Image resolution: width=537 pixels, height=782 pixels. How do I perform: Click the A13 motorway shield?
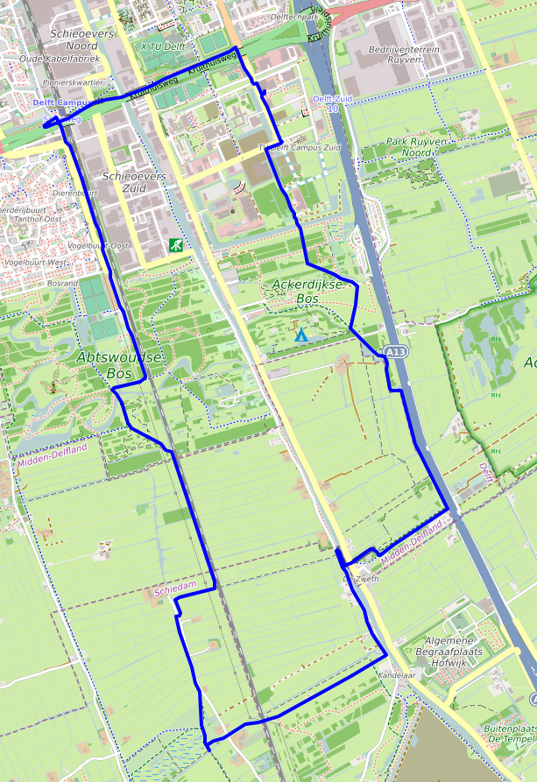pos(396,352)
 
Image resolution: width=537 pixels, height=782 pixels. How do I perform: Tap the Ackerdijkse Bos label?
pos(293,292)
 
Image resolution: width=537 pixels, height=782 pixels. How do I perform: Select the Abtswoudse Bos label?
pos(120,365)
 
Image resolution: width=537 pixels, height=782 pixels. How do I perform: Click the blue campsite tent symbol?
pos(301,335)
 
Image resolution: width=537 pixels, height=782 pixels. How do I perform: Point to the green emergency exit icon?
pos(177,246)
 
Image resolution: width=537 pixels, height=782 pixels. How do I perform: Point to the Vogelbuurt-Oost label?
pos(98,245)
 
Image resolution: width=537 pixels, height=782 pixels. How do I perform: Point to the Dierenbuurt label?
pos(74,193)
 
